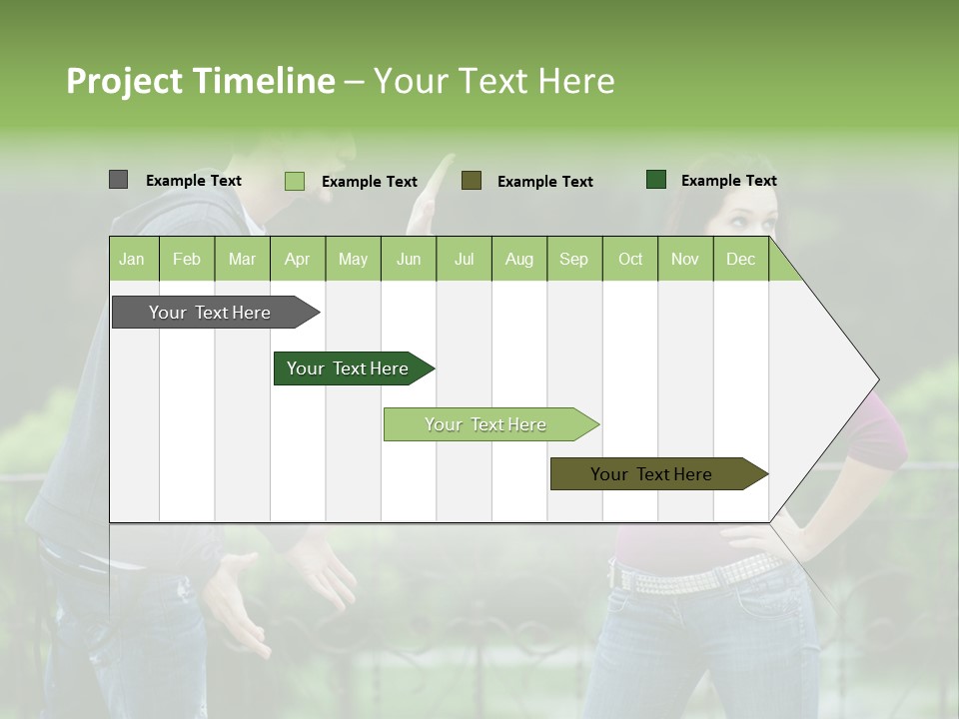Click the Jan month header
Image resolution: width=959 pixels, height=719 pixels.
(x=132, y=259)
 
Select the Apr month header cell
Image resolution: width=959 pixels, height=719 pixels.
(x=297, y=259)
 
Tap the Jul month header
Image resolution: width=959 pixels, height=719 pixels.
(x=464, y=259)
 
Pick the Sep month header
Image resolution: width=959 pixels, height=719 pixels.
(x=573, y=259)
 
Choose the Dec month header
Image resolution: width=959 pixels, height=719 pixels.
(x=740, y=259)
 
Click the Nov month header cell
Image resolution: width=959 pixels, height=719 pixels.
(x=684, y=259)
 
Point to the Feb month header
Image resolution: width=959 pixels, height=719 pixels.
(x=187, y=259)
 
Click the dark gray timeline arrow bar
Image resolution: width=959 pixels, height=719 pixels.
(x=210, y=313)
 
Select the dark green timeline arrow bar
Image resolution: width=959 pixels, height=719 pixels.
(x=348, y=368)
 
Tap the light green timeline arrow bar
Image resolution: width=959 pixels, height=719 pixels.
(x=485, y=424)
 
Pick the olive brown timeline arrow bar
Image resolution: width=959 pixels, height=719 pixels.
(x=651, y=474)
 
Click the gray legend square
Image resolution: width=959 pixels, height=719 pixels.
(x=118, y=180)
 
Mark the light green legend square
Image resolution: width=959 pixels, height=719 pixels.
(x=294, y=181)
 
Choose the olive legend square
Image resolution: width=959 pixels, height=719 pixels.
(x=472, y=180)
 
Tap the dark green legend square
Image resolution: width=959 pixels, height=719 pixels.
(x=655, y=180)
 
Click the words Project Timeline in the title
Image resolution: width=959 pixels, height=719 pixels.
(x=200, y=81)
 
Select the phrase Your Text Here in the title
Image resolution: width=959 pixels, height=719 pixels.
(x=493, y=81)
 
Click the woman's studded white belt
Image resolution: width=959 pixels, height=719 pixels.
(x=699, y=573)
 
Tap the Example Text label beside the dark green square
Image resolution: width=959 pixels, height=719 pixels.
(x=728, y=181)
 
